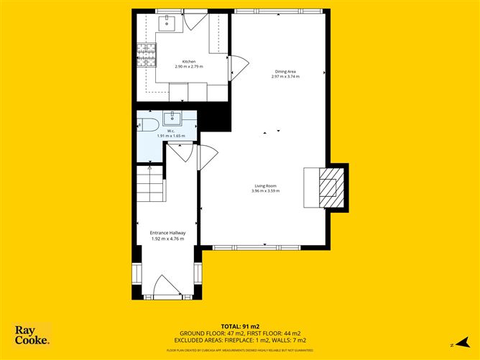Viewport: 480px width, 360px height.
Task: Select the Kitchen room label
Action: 188,62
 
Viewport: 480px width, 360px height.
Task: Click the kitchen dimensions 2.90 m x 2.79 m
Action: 188,67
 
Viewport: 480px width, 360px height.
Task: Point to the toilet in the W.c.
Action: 149,126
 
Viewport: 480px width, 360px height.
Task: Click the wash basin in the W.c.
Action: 171,119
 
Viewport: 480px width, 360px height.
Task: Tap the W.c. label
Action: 171,131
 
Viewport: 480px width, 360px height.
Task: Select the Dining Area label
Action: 285,71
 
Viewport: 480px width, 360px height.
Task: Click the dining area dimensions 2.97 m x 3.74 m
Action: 285,77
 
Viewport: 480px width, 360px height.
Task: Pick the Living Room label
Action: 264,186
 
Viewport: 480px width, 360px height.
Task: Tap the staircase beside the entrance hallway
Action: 152,184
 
